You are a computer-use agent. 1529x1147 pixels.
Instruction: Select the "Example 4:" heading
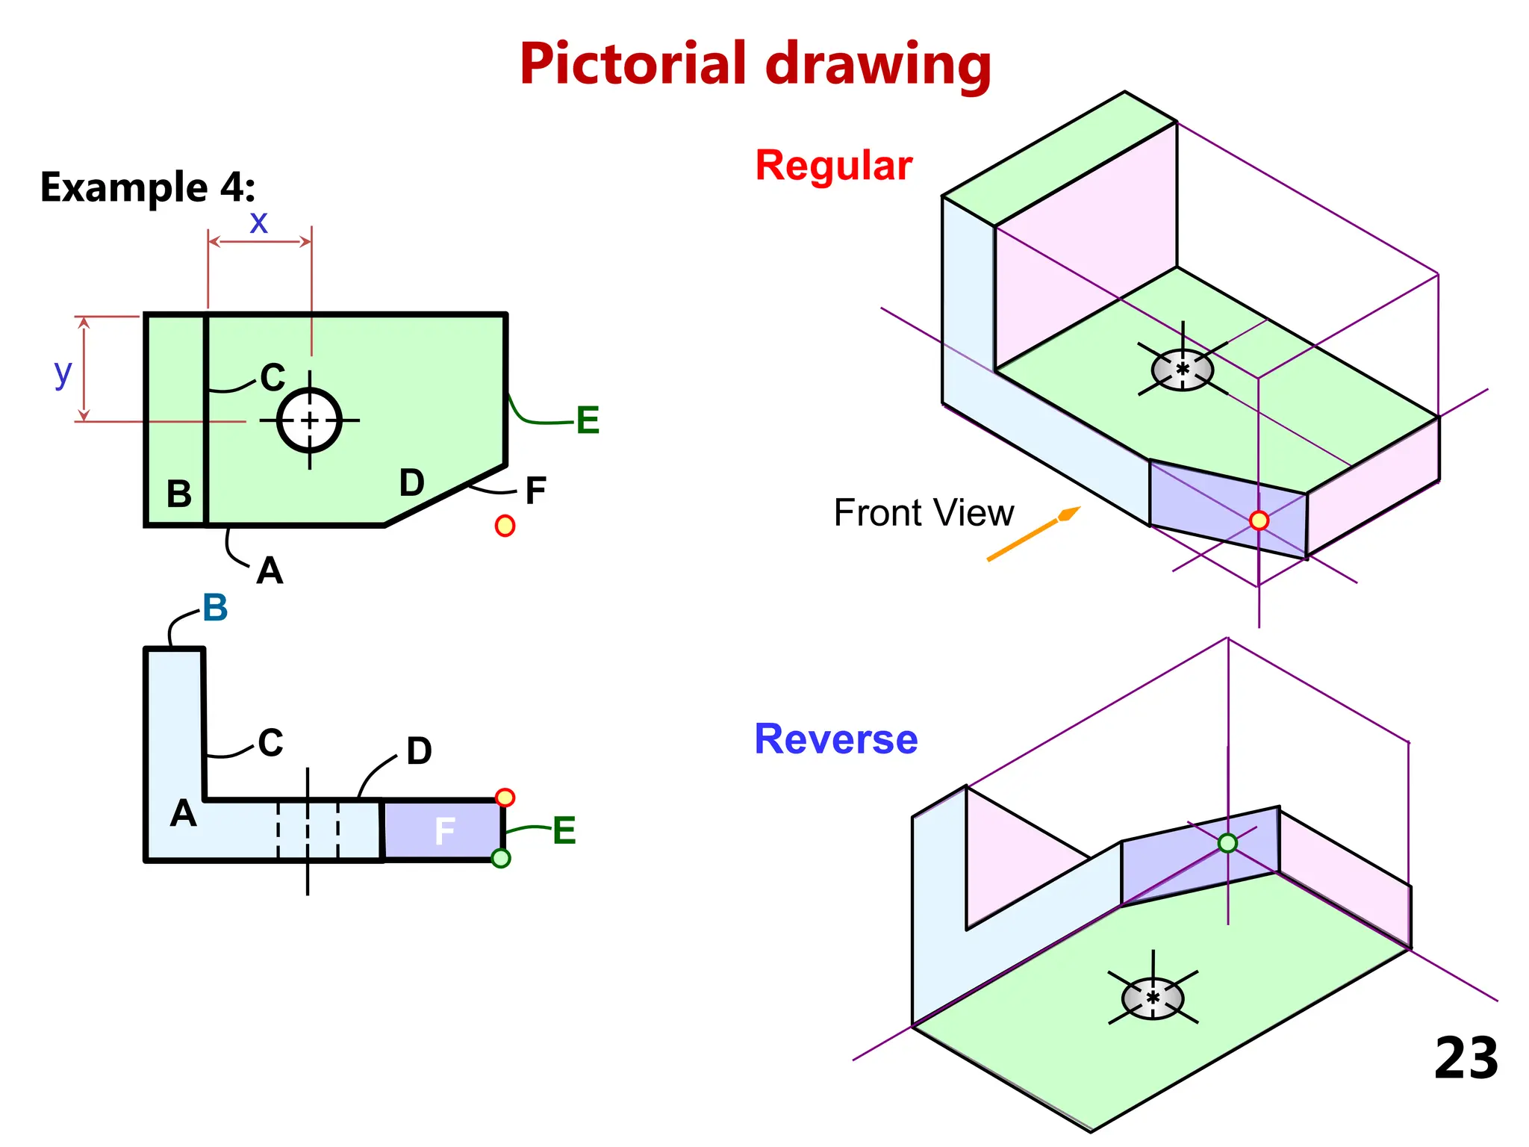pyautogui.click(x=147, y=187)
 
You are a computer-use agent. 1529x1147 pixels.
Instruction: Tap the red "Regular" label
pyautogui.click(x=833, y=165)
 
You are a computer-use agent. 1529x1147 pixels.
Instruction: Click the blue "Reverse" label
pyautogui.click(x=835, y=739)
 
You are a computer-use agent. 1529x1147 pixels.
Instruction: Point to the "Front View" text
pyautogui.click(x=924, y=513)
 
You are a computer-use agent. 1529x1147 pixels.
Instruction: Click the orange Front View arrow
pyautogui.click(x=1033, y=534)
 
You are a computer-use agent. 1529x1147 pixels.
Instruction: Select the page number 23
pyautogui.click(x=1466, y=1058)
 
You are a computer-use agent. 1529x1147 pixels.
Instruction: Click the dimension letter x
pyautogui.click(x=258, y=222)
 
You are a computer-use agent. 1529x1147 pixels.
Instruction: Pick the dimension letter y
pyautogui.click(x=63, y=372)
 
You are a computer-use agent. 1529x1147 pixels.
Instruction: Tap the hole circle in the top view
pyautogui.click(x=310, y=420)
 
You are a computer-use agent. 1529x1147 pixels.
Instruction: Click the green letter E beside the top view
pyautogui.click(x=588, y=420)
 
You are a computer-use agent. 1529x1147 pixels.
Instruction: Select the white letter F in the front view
pyautogui.click(x=444, y=831)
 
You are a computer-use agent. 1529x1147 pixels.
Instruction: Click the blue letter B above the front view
pyautogui.click(x=215, y=608)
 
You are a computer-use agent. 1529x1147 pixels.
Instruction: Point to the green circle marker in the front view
pyautogui.click(x=501, y=859)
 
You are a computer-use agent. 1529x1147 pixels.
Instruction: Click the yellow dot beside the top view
pyautogui.click(x=505, y=526)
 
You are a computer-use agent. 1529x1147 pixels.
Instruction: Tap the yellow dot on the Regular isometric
pyautogui.click(x=1259, y=520)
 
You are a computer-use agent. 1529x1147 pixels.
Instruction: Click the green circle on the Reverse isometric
pyautogui.click(x=1227, y=843)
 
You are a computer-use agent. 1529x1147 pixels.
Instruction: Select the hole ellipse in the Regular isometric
pyautogui.click(x=1182, y=369)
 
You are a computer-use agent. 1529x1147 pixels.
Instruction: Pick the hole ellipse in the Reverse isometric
pyautogui.click(x=1153, y=998)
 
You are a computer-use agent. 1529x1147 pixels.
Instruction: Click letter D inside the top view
pyautogui.click(x=411, y=482)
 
